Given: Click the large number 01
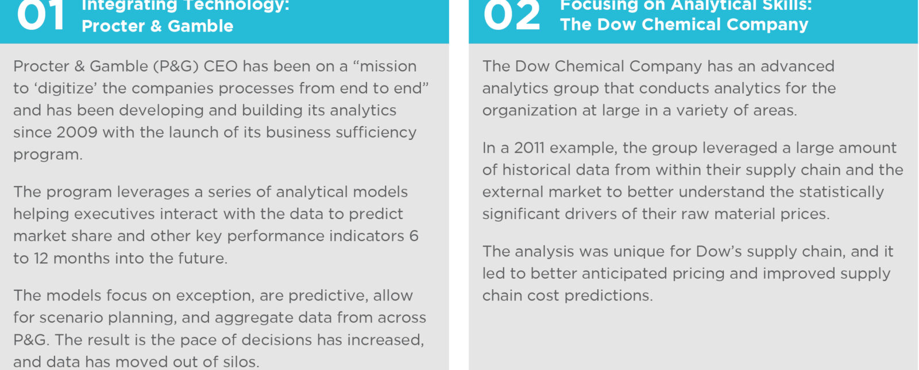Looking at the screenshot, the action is pyautogui.click(x=41, y=15).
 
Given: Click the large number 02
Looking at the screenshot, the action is pyautogui.click(x=512, y=15).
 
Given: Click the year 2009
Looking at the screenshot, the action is pyautogui.click(x=77, y=133).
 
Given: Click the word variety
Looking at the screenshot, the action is pyautogui.click(x=702, y=111).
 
